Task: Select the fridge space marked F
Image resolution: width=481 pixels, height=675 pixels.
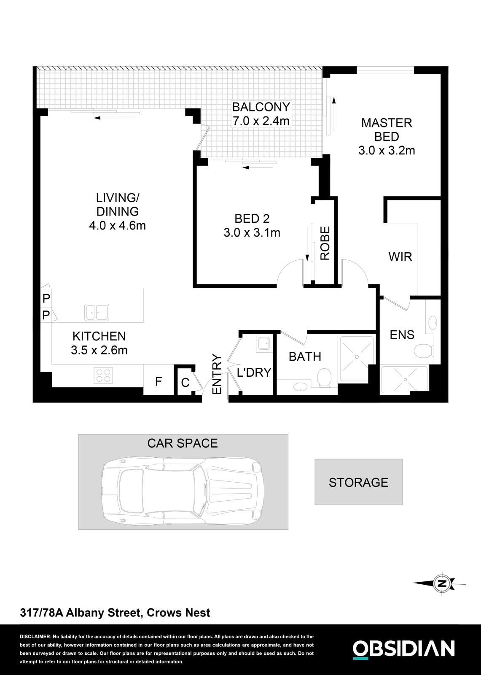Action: click(x=158, y=382)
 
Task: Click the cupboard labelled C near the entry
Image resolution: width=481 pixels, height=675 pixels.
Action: click(x=185, y=383)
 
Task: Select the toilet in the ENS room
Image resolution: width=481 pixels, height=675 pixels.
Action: click(x=422, y=351)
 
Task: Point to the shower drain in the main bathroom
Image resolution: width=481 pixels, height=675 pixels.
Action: click(x=357, y=357)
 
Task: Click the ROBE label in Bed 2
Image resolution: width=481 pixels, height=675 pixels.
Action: click(x=325, y=243)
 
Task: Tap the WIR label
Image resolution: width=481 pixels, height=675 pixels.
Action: click(x=400, y=256)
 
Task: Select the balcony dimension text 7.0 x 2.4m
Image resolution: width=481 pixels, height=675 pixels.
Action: click(x=261, y=121)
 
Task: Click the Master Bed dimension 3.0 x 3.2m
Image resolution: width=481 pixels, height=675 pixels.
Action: click(x=387, y=150)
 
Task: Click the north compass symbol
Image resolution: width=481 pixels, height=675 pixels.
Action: click(x=442, y=584)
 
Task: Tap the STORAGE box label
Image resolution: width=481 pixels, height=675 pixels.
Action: click(x=358, y=482)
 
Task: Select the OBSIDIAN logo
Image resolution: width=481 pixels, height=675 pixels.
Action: click(x=403, y=648)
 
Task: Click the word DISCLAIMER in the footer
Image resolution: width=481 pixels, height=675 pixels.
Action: click(x=35, y=637)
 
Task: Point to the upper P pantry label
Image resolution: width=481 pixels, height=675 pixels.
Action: click(x=46, y=298)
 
